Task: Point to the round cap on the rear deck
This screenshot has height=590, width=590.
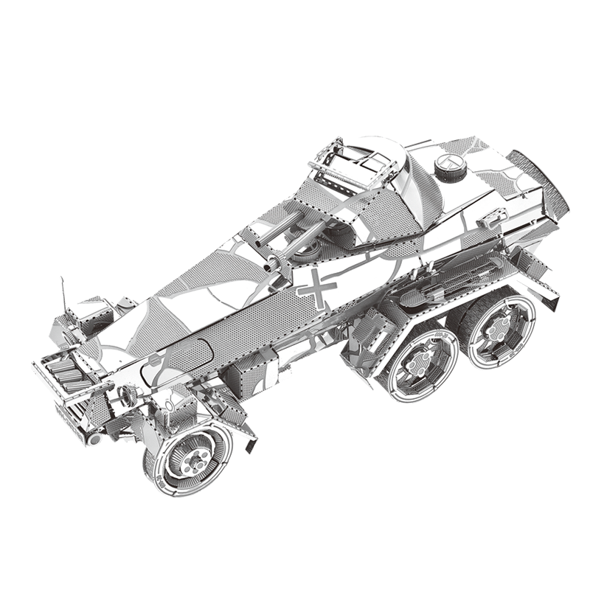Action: pyautogui.click(x=450, y=167)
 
